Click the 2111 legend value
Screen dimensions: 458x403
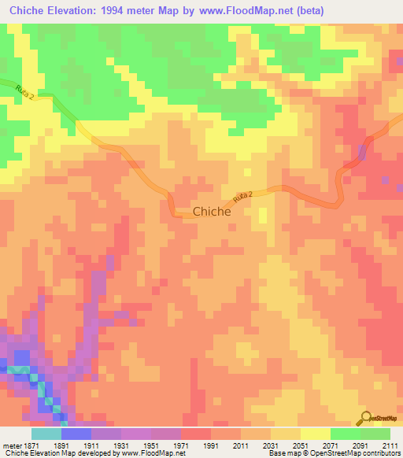click(x=389, y=445)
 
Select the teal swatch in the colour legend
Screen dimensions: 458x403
click(x=46, y=434)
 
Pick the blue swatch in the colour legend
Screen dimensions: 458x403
click(x=76, y=434)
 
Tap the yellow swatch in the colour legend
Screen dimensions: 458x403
click(x=316, y=434)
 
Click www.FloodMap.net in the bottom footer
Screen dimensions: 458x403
click(x=149, y=453)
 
